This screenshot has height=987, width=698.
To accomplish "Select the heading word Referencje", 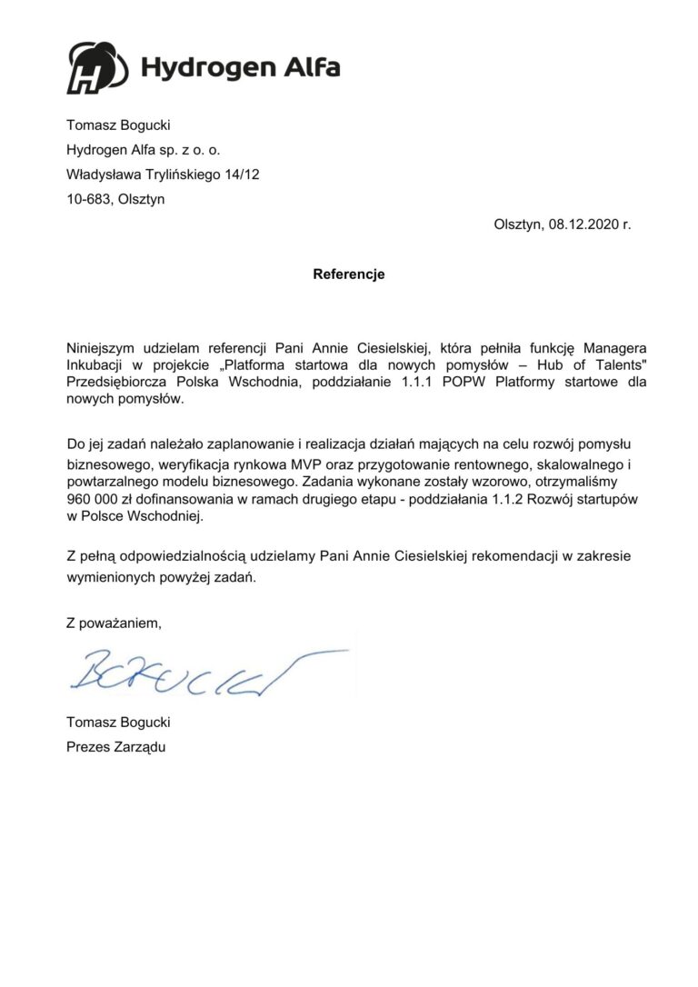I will pos(349,274).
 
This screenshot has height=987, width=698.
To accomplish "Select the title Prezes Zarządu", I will pos(117,747).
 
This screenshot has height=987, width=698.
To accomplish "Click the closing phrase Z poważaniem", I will pos(114,623).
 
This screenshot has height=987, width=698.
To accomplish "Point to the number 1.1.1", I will pos(419,382).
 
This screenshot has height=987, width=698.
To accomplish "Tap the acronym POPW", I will pos(466,382).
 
